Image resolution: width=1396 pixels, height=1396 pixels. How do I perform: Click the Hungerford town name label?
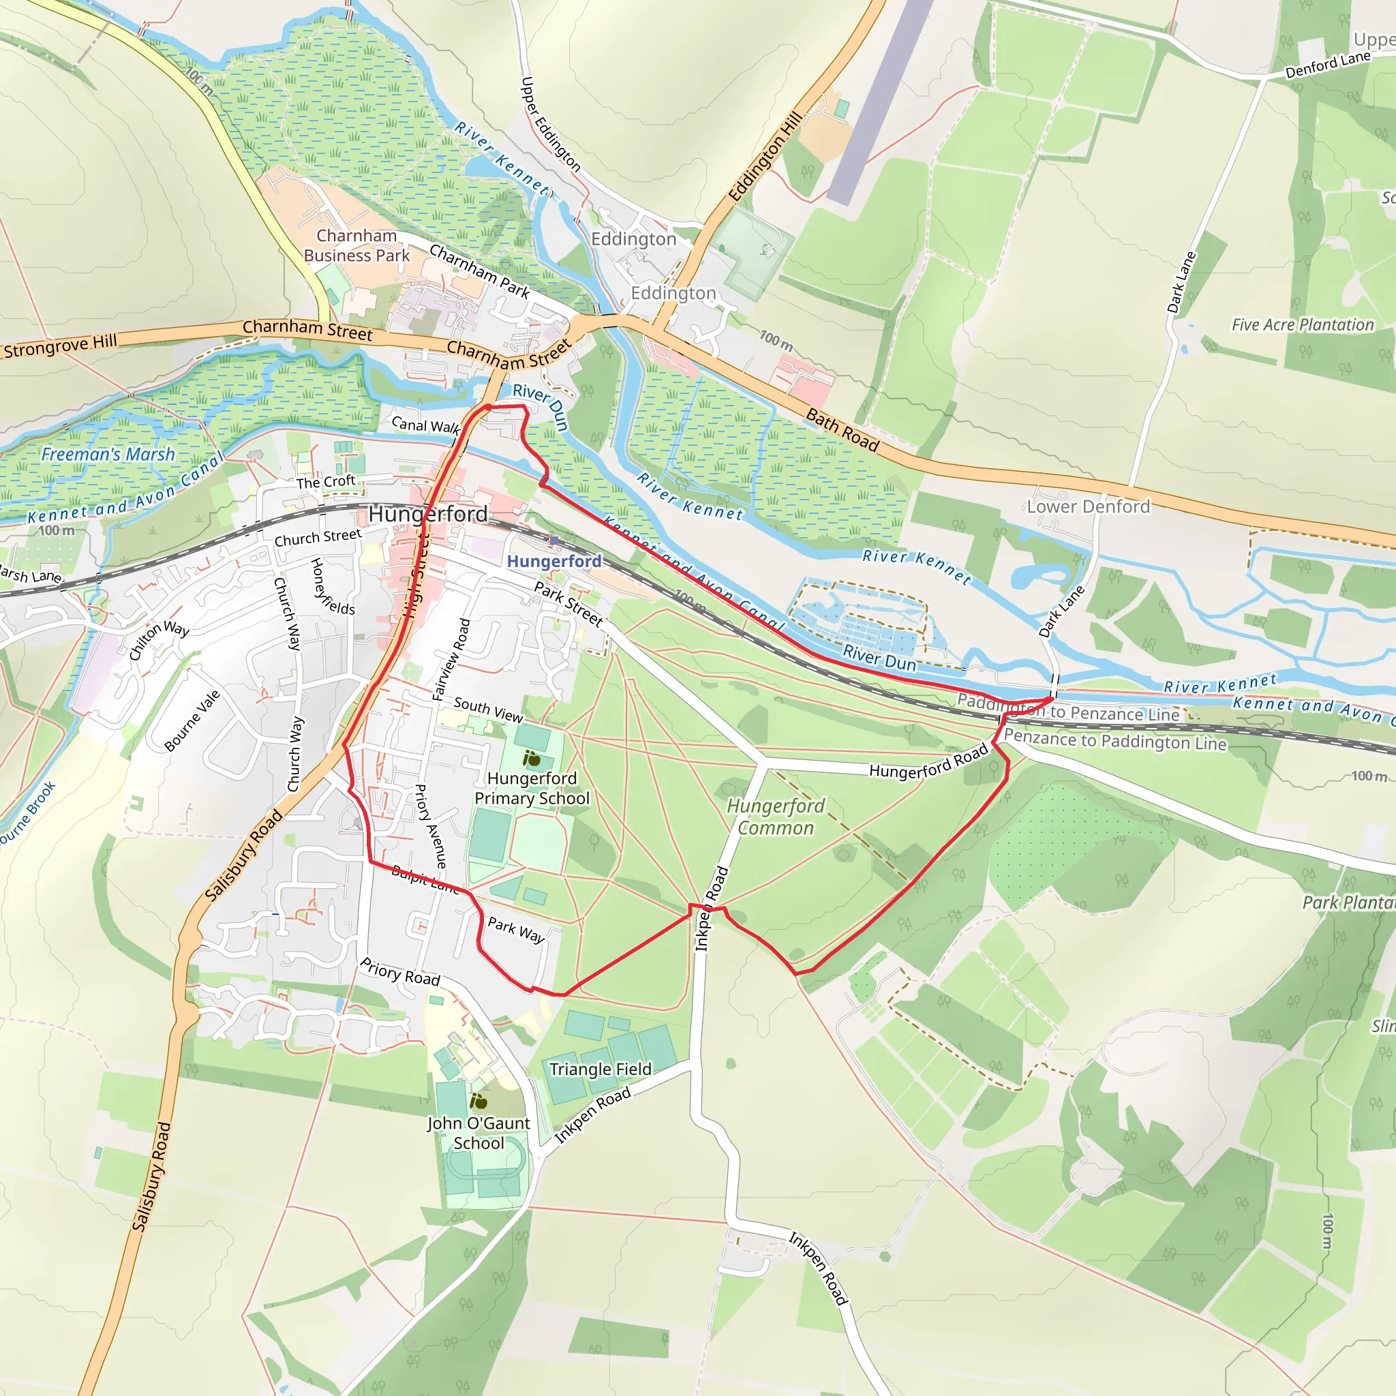point(428,514)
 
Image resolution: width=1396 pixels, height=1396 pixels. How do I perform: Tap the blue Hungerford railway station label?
point(553,561)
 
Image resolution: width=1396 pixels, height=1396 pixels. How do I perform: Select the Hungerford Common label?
point(775,817)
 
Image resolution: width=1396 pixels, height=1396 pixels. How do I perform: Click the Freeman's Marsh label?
point(108,454)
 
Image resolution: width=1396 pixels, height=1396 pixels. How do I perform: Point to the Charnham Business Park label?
point(356,245)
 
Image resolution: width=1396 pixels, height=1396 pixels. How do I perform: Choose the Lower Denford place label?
point(1088,506)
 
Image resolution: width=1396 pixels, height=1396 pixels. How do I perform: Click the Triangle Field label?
point(600,1069)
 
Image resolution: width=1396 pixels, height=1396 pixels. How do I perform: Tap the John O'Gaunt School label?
point(479,1133)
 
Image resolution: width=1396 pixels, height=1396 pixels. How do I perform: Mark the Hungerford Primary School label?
point(532,789)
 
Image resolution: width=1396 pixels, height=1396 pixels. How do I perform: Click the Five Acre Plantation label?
point(1303,324)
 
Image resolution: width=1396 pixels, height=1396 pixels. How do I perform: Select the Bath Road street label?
point(842,430)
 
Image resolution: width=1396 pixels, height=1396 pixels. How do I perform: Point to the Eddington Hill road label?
point(765,156)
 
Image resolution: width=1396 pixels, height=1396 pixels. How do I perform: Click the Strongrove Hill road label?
point(60,346)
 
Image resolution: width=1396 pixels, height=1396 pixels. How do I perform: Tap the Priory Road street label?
point(400,973)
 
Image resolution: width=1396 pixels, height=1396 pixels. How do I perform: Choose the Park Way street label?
point(516,929)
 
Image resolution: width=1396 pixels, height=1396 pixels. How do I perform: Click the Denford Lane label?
point(1327,65)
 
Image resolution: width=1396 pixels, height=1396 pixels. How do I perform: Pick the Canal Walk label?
point(425,425)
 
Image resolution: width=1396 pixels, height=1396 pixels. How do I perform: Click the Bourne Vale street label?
point(192,720)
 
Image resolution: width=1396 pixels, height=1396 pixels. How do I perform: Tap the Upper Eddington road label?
point(550,123)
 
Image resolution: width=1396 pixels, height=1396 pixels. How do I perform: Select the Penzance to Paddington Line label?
point(1115,740)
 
